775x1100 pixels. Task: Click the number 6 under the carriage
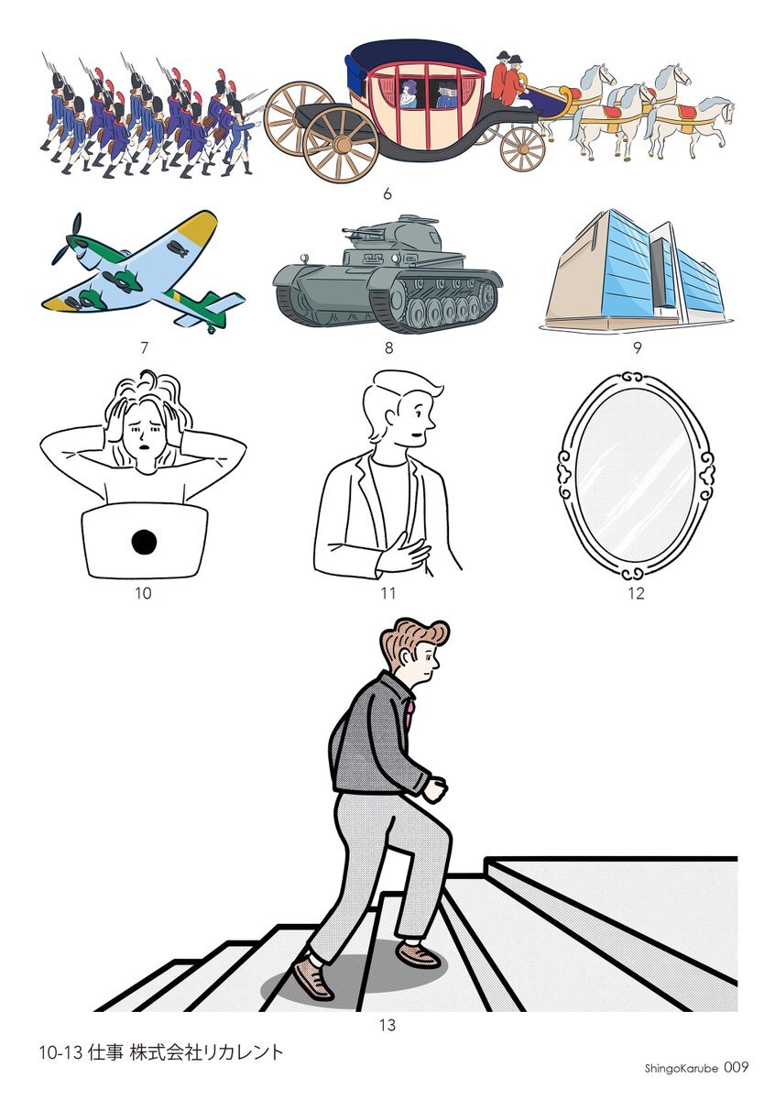click(387, 194)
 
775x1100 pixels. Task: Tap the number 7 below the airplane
click(144, 348)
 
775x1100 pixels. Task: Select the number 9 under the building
click(637, 348)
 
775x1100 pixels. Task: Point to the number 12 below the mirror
click(636, 594)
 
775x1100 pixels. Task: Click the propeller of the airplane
click(69, 240)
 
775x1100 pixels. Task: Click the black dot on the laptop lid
click(145, 542)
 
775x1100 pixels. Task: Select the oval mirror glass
click(636, 478)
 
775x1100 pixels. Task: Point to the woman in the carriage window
click(409, 94)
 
